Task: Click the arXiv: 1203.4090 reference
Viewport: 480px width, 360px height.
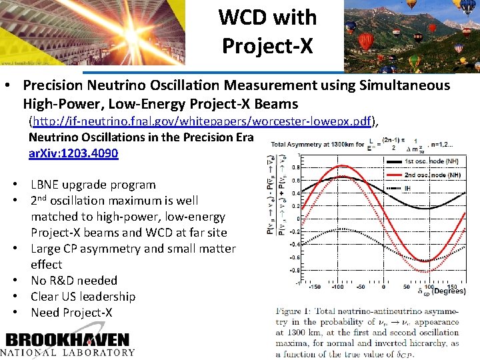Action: [73, 153]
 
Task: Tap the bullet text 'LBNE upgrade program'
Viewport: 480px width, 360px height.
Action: [93, 185]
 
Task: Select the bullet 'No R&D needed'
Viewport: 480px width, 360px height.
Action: [73, 281]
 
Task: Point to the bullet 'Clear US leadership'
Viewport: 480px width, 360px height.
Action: [83, 297]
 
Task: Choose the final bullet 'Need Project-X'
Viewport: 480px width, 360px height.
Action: [71, 313]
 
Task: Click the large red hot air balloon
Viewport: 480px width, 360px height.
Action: [366, 42]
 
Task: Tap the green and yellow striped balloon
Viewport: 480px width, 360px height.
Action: [467, 7]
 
